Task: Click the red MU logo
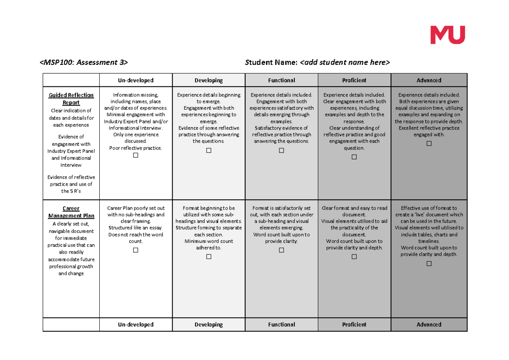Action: (x=448, y=35)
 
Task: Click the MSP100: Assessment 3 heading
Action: (x=84, y=63)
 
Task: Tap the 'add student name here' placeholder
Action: (x=345, y=63)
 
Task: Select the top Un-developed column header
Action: (x=136, y=80)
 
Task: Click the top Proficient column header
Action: (x=354, y=80)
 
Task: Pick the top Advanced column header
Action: (x=429, y=80)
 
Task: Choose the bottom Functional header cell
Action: (x=281, y=324)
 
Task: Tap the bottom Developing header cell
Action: (x=209, y=324)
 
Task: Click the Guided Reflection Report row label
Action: (x=71, y=99)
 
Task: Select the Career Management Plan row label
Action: (x=71, y=212)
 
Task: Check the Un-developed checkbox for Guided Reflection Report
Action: (x=136, y=155)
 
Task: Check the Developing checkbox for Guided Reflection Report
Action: (x=209, y=151)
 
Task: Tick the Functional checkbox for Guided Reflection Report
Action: (x=281, y=151)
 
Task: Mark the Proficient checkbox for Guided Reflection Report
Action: (x=354, y=157)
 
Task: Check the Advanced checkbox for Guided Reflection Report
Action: (x=429, y=144)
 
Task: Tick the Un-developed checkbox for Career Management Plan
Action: (x=136, y=250)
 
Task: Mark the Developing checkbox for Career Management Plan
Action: (x=209, y=257)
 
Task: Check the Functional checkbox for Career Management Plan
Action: (x=281, y=250)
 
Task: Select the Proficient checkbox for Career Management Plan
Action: (x=354, y=257)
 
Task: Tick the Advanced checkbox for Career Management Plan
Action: (x=429, y=264)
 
